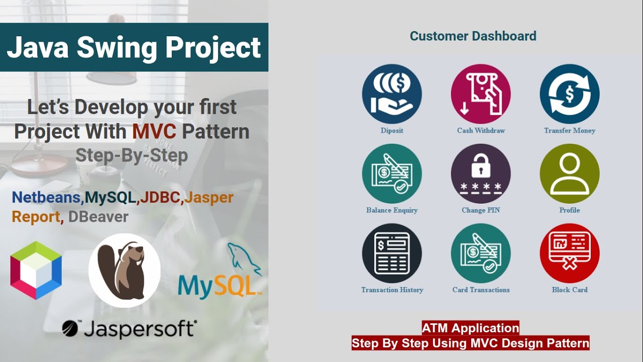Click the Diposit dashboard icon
tap(392, 94)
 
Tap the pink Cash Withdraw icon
tap(481, 94)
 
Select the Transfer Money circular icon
tap(570, 94)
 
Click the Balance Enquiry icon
tap(392, 173)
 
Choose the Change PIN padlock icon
tap(481, 173)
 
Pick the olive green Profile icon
tap(570, 173)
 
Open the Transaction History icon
tap(392, 253)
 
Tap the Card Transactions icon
tap(481, 253)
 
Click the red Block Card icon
tap(570, 253)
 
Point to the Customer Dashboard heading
tap(473, 36)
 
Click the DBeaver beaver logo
tap(125, 270)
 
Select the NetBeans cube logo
tap(36, 270)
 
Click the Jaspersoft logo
tap(130, 329)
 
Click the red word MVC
tap(154, 132)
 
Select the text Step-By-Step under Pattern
tap(132, 155)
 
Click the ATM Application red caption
tap(470, 328)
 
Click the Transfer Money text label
tap(570, 131)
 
